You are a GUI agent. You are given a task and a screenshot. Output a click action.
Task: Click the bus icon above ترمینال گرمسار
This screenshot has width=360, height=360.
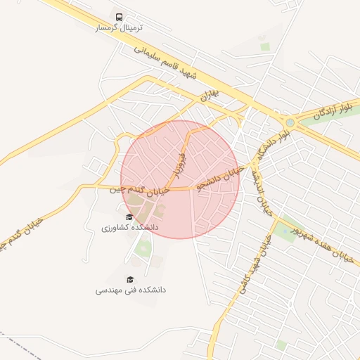pyautogui.click(x=119, y=16)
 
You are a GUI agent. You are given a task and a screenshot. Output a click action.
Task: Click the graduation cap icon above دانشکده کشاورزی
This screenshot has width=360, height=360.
pyautogui.click(x=129, y=217)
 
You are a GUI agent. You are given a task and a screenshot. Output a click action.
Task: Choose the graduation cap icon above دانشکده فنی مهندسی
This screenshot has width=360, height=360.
pyautogui.click(x=129, y=278)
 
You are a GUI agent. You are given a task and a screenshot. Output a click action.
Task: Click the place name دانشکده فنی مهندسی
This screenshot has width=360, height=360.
pyautogui.click(x=131, y=290)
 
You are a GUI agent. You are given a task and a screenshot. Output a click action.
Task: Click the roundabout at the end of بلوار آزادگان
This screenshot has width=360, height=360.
pyautogui.click(x=291, y=123)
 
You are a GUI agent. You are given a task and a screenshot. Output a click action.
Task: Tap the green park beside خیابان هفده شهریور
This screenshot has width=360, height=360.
pyautogui.click(x=285, y=233)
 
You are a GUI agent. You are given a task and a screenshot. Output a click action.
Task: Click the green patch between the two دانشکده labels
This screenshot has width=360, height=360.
pyautogui.click(x=144, y=247)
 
